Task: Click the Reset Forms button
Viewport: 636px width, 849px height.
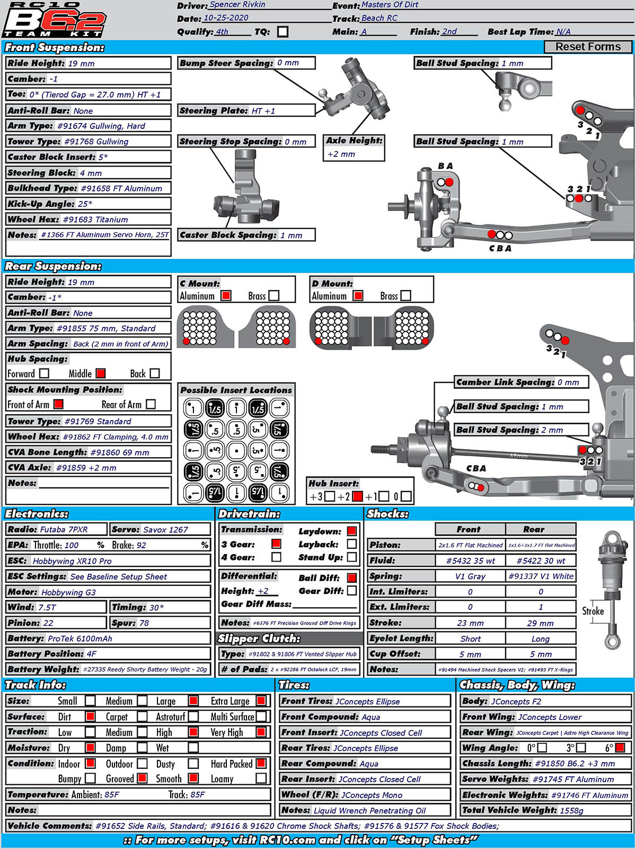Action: point(588,47)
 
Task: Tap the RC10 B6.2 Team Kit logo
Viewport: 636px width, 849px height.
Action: point(54,20)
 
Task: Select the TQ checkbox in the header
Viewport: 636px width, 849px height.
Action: point(283,32)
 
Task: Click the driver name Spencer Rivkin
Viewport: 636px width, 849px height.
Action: point(237,5)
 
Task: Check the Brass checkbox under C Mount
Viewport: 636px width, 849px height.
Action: point(274,296)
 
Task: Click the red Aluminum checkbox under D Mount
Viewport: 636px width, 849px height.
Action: point(358,296)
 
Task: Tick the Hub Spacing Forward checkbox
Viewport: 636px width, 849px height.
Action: point(45,373)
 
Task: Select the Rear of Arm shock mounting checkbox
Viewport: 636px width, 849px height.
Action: point(151,405)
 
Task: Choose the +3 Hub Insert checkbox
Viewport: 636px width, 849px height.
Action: point(330,496)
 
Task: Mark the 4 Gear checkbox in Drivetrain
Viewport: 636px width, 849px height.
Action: point(276,557)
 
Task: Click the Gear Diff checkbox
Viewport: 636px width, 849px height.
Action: point(352,591)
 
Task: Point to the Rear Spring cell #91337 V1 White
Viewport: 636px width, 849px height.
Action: point(541,576)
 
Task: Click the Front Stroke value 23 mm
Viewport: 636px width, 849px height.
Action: point(470,623)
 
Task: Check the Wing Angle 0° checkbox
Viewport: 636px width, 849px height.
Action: point(542,748)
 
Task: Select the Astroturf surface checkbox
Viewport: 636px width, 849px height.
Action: point(193,717)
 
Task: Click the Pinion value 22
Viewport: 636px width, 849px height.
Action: point(48,623)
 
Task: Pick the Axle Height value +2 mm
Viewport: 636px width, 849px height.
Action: point(341,154)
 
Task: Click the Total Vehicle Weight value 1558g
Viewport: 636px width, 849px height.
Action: point(572,810)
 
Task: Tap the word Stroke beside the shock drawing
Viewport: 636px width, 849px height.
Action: point(593,611)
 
